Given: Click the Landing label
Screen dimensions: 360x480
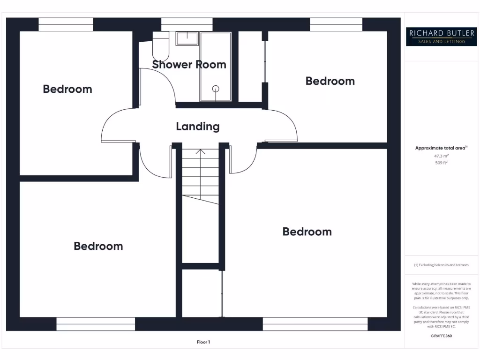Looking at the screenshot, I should (197, 127).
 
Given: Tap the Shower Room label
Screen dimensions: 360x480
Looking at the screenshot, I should (189, 65).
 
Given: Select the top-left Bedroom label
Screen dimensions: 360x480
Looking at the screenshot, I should (67, 89).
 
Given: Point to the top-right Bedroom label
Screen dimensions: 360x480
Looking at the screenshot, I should (330, 81).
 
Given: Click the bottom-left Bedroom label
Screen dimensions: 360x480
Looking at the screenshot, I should (98, 246).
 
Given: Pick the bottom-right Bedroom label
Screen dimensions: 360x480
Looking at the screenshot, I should (307, 232).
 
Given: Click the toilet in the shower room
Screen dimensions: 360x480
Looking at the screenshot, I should (161, 46).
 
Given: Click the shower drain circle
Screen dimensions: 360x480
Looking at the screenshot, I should (216, 88).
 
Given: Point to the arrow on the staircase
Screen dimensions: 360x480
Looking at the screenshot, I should (201, 152).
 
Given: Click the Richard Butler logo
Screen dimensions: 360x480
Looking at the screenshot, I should (440, 37).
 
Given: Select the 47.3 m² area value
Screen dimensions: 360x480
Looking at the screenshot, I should (441, 156).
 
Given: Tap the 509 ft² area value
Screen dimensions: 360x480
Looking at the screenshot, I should (441, 163).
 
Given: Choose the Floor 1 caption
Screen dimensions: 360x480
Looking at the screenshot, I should (203, 342).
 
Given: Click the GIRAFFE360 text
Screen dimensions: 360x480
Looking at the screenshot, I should (441, 336).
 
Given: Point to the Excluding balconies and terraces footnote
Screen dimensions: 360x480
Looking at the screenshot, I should (441, 265).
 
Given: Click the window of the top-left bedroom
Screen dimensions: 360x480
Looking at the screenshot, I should (65, 24).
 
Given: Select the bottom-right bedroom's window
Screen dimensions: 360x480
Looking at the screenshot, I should (315, 324).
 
